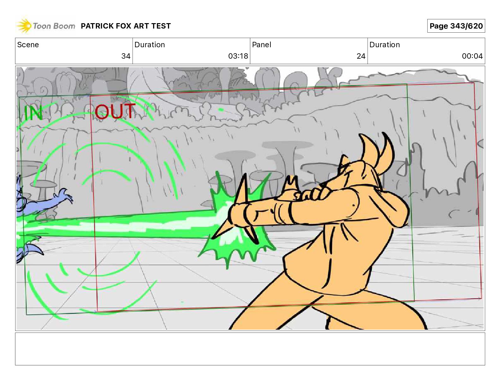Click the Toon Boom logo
point(46,25)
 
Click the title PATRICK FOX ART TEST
point(126,26)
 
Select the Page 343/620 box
point(456,26)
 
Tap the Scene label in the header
point(28,45)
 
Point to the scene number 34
point(126,56)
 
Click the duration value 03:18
point(238,56)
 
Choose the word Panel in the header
point(262,45)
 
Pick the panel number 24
point(361,56)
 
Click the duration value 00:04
point(472,56)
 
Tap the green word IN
point(34,113)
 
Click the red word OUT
point(115,111)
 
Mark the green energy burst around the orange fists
point(238,222)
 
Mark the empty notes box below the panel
point(250,349)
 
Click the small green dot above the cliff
point(221,110)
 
